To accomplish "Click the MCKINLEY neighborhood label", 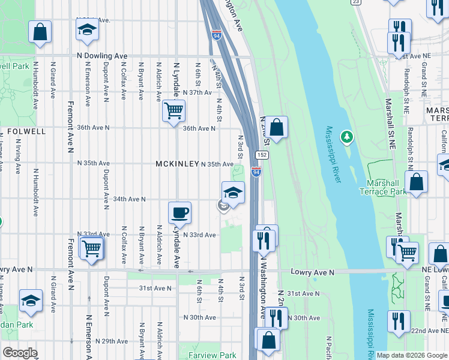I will coord(176,164).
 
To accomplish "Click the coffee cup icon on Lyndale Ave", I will coord(179,213).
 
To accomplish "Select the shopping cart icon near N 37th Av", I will coord(173,110).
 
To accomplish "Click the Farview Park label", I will coord(212,355).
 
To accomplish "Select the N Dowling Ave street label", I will coord(102,56).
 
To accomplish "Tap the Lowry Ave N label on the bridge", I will coord(312,272).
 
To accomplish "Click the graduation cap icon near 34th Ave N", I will coord(233,193).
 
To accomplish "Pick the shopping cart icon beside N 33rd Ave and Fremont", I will coord(91,247).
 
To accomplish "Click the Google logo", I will coord(20,352).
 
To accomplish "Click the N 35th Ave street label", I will coord(217,164).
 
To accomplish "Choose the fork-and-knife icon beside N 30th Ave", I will coord(276,318).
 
